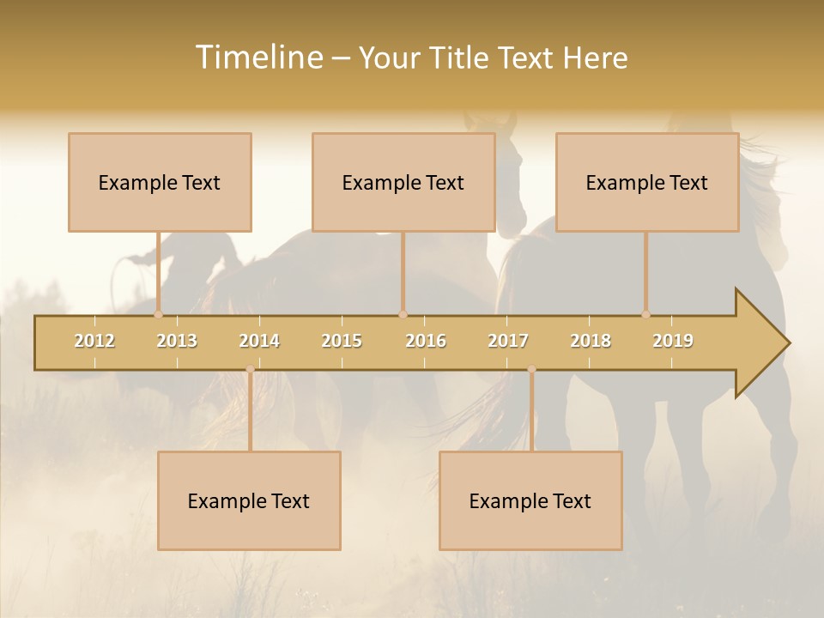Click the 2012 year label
point(94,341)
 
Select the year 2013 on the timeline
point(177,341)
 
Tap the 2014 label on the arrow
point(259,341)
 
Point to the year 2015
point(342,341)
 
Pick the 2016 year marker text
point(426,341)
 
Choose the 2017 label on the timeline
point(508,341)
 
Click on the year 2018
point(591,341)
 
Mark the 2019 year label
point(673,341)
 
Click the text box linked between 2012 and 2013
point(160,182)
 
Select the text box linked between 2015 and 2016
point(403,182)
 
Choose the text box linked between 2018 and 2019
point(647,182)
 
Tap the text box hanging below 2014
point(249,500)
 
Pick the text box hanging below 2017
point(530,500)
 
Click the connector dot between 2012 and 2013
point(158,314)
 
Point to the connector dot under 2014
point(250,369)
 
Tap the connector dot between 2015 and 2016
point(403,314)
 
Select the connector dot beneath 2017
point(531,369)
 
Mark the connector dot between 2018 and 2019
point(645,314)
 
